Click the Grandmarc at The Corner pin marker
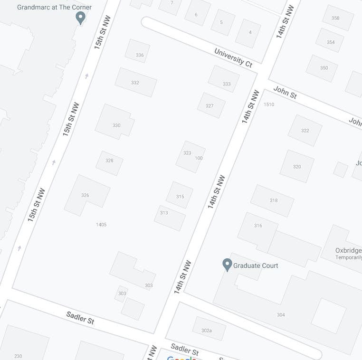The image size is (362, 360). click(81, 18)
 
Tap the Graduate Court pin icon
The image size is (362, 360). click(227, 265)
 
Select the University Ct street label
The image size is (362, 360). click(233, 57)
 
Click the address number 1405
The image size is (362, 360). click(101, 225)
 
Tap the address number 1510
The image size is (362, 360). click(269, 104)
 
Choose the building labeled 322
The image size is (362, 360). click(305, 131)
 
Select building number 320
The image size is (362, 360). click(297, 167)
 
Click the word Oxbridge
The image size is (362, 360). click(348, 250)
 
